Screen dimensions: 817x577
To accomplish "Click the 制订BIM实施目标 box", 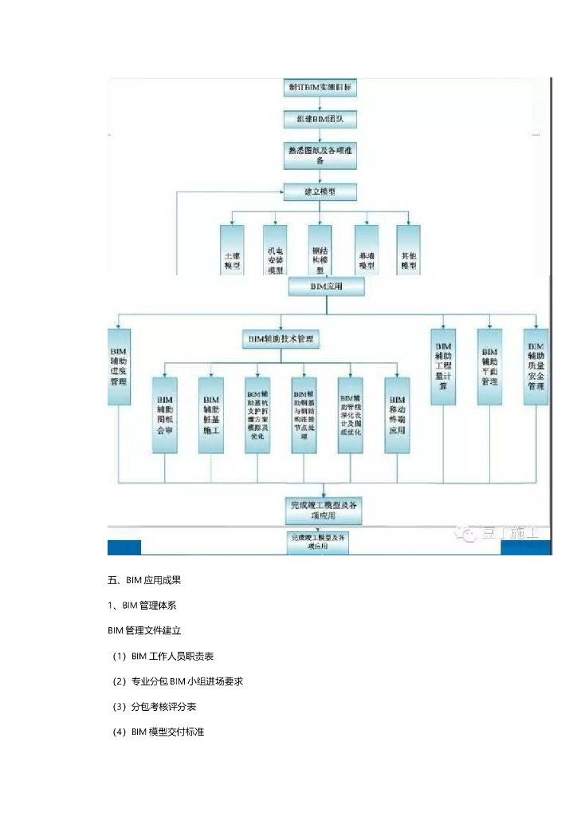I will coord(320,86).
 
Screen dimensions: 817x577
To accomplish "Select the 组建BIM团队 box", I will coord(320,119).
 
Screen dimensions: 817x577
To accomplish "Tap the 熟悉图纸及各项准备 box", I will coord(320,154).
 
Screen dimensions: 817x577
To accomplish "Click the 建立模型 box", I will coord(320,191).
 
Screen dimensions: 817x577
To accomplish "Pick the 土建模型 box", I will coord(232,251).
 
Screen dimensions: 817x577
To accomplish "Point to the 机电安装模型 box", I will coord(275,251).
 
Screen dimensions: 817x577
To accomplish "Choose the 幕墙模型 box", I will coord(366,251).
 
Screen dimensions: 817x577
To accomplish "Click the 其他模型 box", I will coord(409,251).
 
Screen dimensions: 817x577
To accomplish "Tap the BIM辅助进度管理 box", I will coord(118,365).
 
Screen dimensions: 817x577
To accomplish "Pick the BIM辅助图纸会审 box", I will coord(165,414).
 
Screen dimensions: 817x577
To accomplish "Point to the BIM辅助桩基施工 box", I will coord(211,414).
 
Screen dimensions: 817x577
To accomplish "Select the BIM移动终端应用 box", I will coord(397,414).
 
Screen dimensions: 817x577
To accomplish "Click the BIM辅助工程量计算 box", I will coord(443,367).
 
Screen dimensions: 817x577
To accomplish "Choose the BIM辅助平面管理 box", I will coord(489,367).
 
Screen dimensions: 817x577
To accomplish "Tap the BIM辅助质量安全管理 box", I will coord(536,367).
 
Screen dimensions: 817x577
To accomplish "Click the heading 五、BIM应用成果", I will coord(150,579).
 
